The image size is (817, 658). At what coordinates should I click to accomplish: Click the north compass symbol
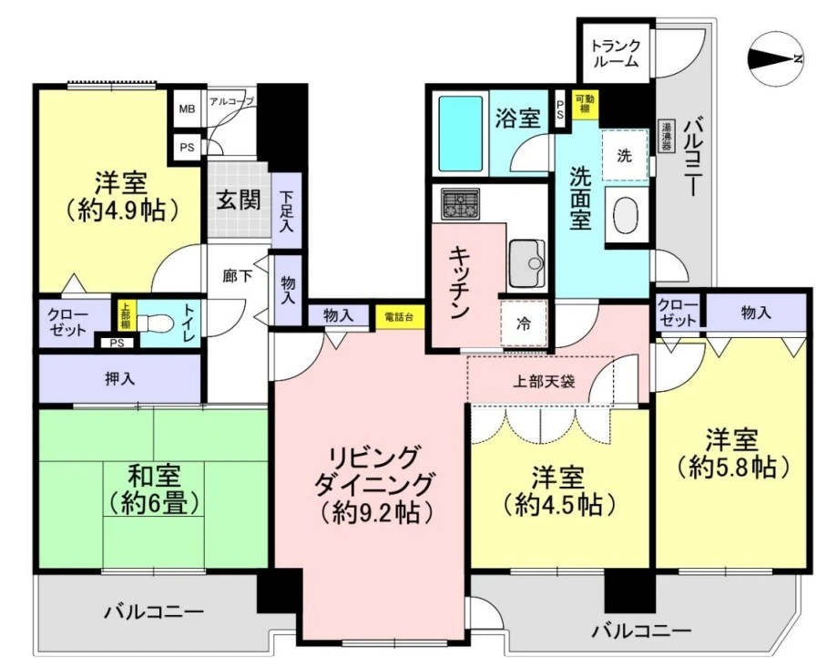(774, 59)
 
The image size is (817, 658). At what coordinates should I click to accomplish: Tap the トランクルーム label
(616, 53)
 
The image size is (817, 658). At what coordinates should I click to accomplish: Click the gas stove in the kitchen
(461, 204)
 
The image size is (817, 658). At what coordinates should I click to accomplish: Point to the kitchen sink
(526, 263)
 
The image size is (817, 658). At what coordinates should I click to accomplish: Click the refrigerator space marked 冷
(524, 324)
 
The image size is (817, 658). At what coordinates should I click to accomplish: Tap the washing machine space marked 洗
(625, 155)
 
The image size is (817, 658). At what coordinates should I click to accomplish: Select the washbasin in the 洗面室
(627, 215)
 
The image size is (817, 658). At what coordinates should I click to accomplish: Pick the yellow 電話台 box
(400, 317)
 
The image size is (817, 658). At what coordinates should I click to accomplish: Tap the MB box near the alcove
(187, 109)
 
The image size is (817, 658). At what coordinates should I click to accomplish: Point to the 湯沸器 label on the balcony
(666, 137)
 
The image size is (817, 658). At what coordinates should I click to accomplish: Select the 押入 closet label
(120, 379)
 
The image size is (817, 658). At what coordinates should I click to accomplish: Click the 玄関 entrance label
(239, 200)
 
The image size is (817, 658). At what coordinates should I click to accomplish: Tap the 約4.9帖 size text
(121, 211)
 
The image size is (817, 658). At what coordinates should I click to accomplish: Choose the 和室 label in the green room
(155, 476)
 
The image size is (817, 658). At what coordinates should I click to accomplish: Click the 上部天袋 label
(544, 382)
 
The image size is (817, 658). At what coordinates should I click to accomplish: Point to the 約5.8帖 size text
(732, 468)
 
